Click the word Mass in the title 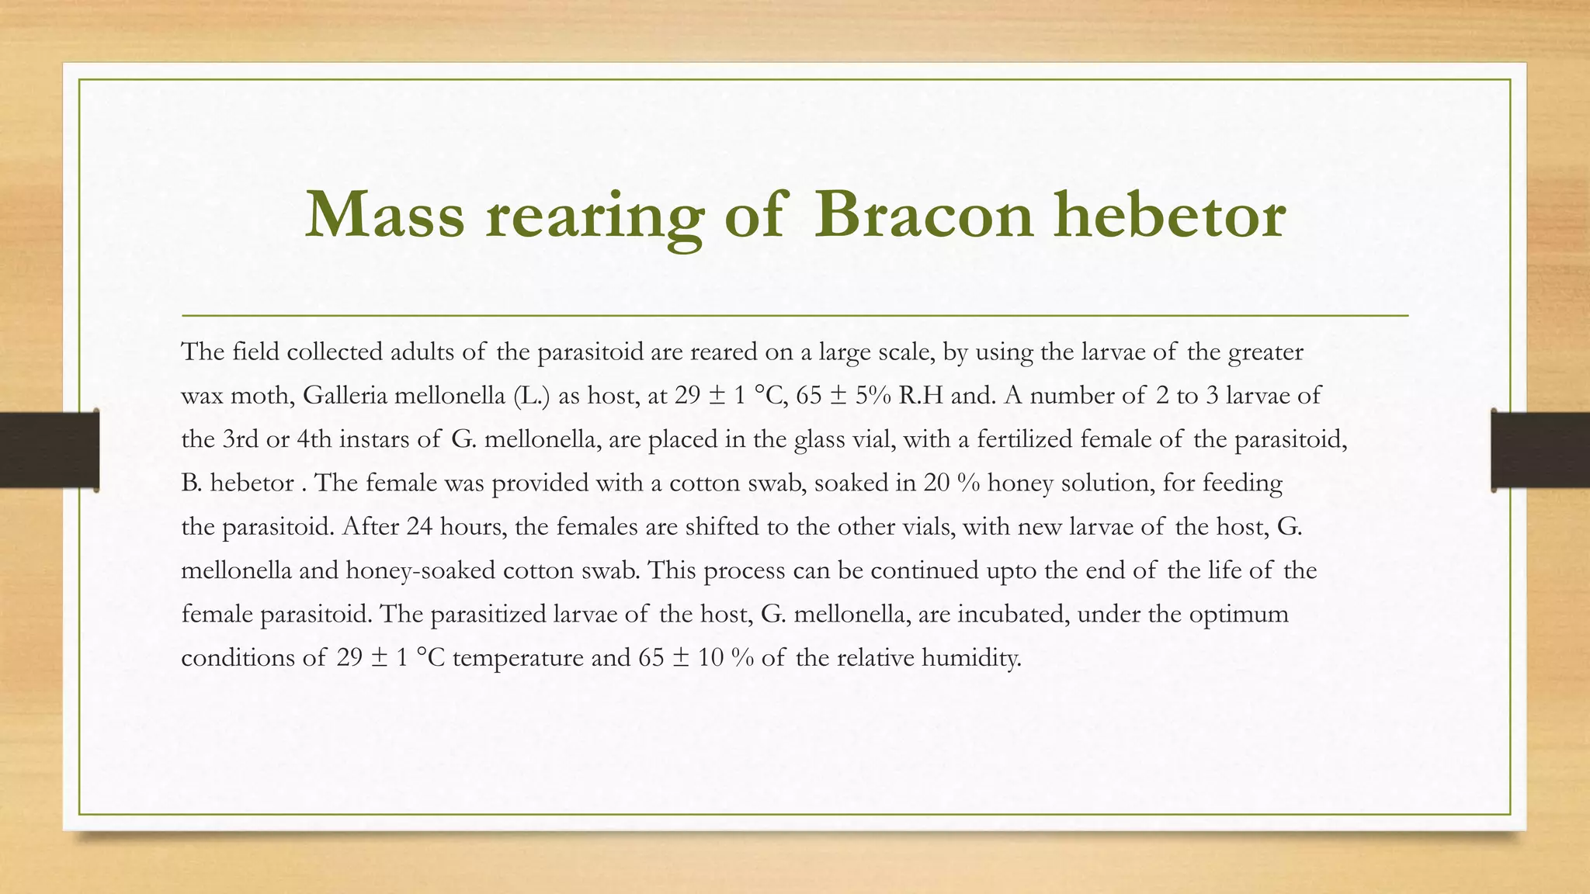[x=385, y=215]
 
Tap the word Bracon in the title [x=924, y=215]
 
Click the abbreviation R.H [x=921, y=396]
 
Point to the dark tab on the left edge [x=49, y=450]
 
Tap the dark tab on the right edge [x=1540, y=450]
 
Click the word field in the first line [x=255, y=352]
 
